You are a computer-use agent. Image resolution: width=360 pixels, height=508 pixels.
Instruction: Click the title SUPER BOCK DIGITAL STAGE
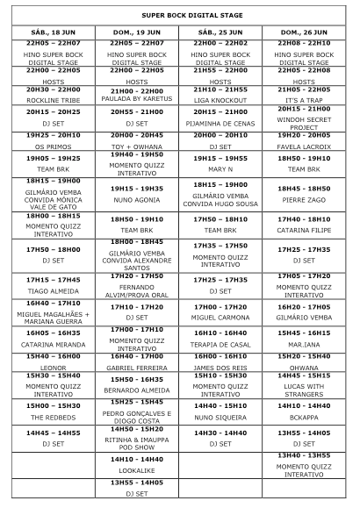(x=181, y=15)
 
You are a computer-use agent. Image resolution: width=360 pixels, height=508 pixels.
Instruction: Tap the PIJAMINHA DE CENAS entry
(x=221, y=124)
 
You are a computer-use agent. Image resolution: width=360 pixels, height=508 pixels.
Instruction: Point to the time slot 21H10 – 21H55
(x=221, y=89)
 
